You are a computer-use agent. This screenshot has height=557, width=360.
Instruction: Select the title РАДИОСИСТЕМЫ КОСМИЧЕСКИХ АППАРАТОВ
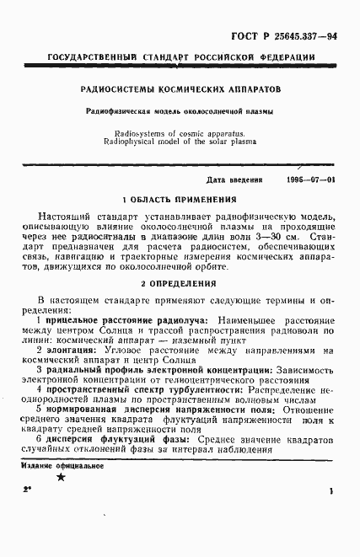pos(180,88)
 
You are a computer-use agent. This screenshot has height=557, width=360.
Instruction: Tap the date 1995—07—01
pos(310,179)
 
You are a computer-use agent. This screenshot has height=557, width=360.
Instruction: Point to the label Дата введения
pos(234,179)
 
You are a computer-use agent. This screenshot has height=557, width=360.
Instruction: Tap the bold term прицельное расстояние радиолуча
pos(128,321)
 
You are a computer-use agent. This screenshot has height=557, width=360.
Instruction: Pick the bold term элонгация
pos(71,350)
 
